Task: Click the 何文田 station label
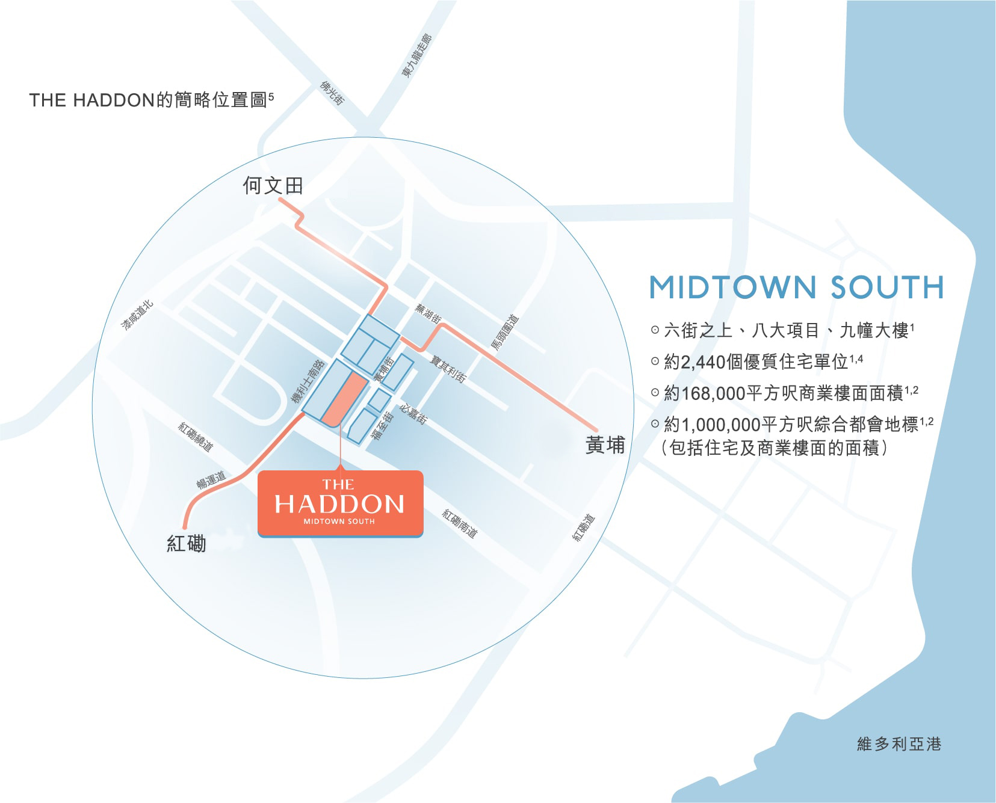(x=273, y=186)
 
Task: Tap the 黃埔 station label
(x=605, y=445)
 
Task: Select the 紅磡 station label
(x=186, y=544)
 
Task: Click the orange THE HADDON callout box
(x=340, y=503)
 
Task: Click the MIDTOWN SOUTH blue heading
(x=796, y=288)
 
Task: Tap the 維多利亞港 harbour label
(x=899, y=744)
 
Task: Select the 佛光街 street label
(x=332, y=93)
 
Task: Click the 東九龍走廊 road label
(x=416, y=56)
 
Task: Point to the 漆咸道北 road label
(x=138, y=315)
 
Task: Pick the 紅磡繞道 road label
(x=196, y=437)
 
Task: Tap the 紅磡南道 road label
(x=460, y=523)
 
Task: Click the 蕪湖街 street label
(x=428, y=313)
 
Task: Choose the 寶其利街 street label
(x=448, y=368)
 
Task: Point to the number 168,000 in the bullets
(x=713, y=393)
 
